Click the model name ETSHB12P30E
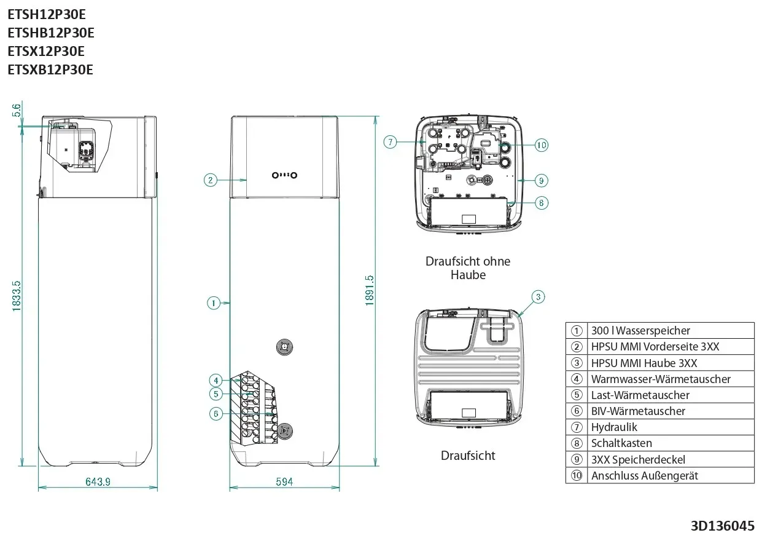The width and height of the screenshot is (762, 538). click(x=51, y=33)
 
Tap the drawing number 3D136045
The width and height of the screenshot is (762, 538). click(x=723, y=526)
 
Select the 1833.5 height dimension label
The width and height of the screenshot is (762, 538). click(x=17, y=296)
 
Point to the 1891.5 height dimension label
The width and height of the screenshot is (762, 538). click(x=370, y=290)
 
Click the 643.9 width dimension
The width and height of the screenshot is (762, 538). click(x=98, y=481)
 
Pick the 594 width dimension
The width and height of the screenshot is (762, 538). click(x=284, y=481)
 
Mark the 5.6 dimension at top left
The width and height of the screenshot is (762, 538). click(x=17, y=111)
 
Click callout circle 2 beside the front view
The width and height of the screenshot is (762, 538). click(x=211, y=180)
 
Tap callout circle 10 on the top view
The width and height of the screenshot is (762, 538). click(x=541, y=145)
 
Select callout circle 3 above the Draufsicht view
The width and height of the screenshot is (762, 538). click(x=538, y=297)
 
